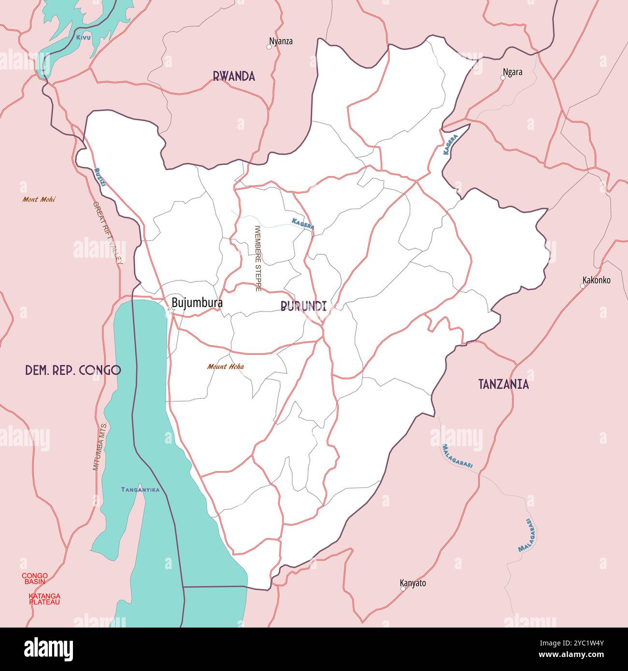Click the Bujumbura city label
[x=197, y=303]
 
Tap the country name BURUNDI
[x=303, y=306]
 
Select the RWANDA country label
[x=234, y=76]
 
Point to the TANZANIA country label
[x=503, y=384]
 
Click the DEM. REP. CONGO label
[x=73, y=370]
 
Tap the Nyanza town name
[x=281, y=42]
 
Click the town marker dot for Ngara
[x=502, y=78]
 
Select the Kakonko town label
[x=597, y=280]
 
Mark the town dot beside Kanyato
[x=402, y=588]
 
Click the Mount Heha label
[x=226, y=366]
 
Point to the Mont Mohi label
[x=39, y=199]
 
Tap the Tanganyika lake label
[x=140, y=489]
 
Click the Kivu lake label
[x=83, y=37]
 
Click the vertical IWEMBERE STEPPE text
[x=257, y=258]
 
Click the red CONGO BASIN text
[x=35, y=578]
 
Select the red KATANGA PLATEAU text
[x=44, y=599]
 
